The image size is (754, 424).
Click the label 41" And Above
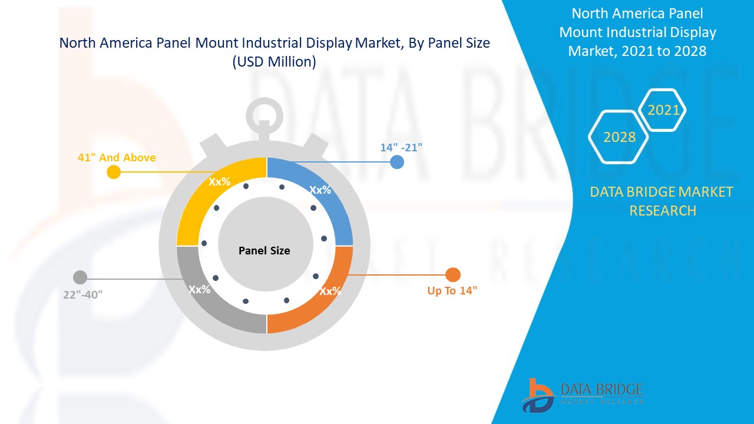117,157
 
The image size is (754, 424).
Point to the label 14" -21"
401,147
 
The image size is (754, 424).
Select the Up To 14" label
452,290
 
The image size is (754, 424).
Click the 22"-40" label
83,294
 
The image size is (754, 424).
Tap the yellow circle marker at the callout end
114,172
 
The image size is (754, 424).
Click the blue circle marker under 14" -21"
397,162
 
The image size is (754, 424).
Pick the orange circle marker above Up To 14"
452,274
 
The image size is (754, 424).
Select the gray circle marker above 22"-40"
80,277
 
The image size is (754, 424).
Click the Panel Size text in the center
264,250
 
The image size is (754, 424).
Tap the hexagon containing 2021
663,110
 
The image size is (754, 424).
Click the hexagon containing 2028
619,137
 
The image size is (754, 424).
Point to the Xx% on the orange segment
330,291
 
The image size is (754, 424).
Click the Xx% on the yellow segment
219,181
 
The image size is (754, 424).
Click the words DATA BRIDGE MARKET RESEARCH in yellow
662,201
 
